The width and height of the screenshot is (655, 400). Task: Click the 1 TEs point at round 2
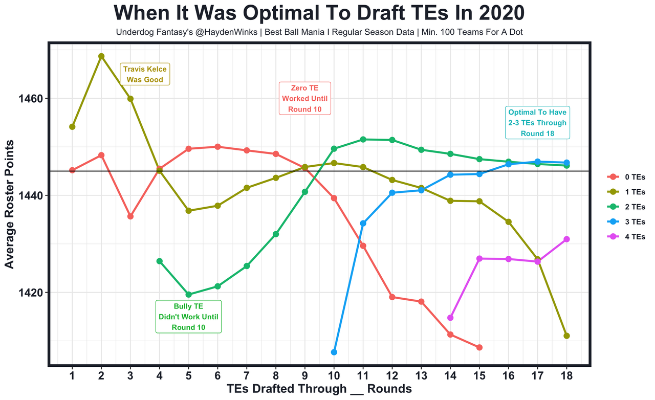101,56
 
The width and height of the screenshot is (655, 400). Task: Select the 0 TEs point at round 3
130,216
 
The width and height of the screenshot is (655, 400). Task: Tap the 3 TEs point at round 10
334,352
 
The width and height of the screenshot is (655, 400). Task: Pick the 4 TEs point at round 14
450,318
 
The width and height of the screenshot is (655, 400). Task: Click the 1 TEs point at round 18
566,336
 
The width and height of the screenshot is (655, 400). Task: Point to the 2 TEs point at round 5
189,295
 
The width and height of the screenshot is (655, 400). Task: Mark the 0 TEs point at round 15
479,347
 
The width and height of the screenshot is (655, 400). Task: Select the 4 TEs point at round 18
566,239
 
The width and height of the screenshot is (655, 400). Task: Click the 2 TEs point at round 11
363,139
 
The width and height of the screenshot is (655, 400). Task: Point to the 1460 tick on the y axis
32,99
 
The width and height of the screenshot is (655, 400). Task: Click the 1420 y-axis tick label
32,293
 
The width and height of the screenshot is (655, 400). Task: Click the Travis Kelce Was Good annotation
145,74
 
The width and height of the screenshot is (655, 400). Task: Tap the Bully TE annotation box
188,317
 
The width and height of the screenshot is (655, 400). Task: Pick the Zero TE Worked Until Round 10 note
305,99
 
